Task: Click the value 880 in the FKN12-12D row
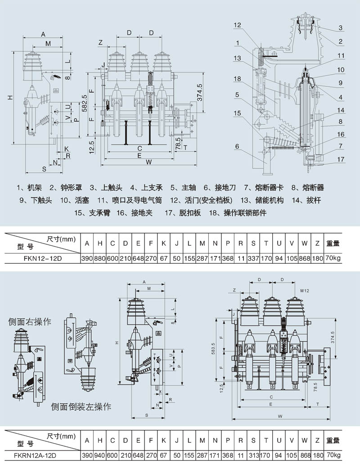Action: pos(99,259)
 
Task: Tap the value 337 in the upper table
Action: pos(253,259)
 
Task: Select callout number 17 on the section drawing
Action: pos(341,159)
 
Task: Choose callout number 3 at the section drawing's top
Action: pos(341,28)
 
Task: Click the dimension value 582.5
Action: pos(83,102)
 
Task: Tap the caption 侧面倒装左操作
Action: pos(81,407)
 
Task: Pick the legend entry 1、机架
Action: pos(29,187)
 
